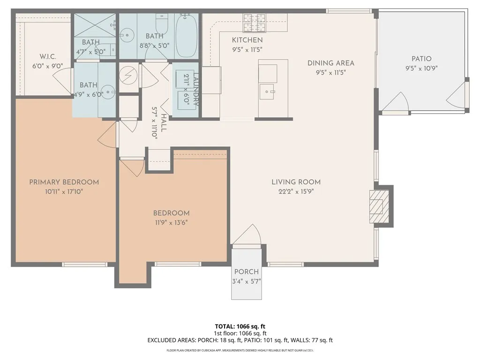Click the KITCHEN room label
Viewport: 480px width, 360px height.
pyautogui.click(x=247, y=40)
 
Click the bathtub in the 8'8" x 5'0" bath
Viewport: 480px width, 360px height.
pyautogui.click(x=187, y=35)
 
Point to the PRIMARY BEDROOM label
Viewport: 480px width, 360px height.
pyautogui.click(x=64, y=182)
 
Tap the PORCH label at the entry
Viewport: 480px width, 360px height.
pyautogui.click(x=247, y=272)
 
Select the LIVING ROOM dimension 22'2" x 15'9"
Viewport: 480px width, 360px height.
pyautogui.click(x=296, y=191)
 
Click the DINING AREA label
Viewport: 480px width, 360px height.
pyautogui.click(x=330, y=63)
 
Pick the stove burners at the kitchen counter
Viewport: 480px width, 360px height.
pyautogui.click(x=254, y=20)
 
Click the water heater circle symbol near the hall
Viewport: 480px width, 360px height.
pyautogui.click(x=127, y=75)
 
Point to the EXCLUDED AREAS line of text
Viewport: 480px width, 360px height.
pyautogui.click(x=240, y=340)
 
